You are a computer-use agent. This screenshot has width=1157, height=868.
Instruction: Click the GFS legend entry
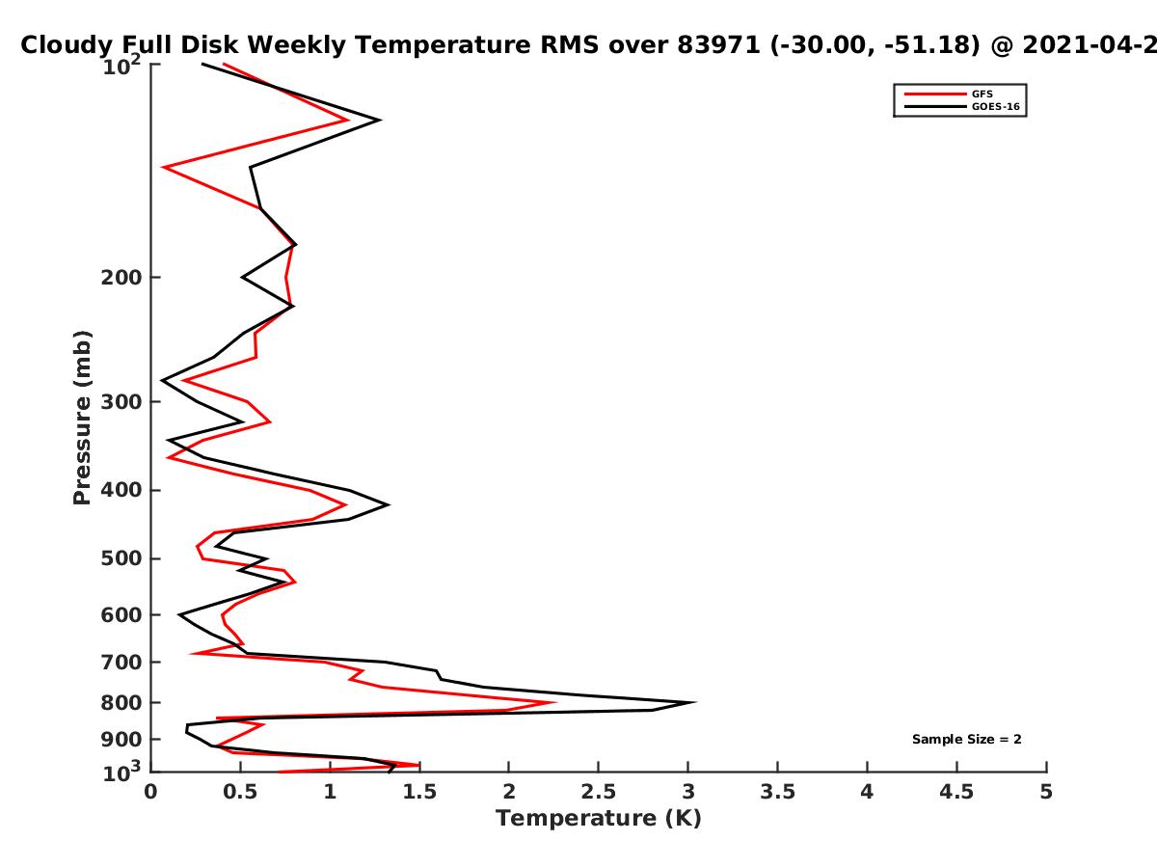point(948,94)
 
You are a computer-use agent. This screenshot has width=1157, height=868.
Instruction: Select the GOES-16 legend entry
point(961,106)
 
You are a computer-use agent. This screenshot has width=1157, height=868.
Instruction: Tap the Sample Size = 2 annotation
point(967,740)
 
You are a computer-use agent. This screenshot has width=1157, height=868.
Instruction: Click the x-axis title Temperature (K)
point(599,819)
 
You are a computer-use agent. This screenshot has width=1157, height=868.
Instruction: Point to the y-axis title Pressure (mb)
point(82,418)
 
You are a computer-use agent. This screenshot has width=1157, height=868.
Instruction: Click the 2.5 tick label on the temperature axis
point(599,792)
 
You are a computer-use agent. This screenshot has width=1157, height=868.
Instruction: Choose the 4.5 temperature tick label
point(956,792)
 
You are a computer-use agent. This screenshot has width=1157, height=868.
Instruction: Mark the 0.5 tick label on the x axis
point(240,792)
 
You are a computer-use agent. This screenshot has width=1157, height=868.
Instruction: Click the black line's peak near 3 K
point(695,702)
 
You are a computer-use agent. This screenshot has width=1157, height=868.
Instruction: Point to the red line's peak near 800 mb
point(553,702)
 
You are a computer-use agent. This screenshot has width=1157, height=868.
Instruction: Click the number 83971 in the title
point(718,45)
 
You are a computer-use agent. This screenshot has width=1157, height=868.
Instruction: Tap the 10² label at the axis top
point(121,65)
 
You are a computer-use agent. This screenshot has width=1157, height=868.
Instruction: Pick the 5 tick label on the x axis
point(1046,792)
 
